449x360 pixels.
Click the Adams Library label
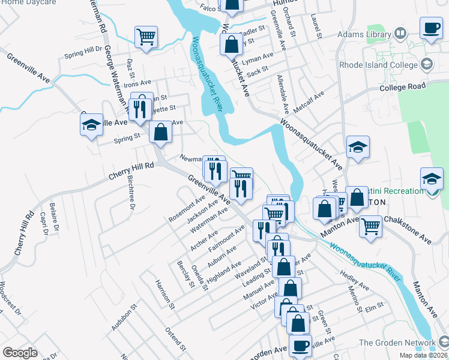364,35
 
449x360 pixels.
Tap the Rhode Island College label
378,65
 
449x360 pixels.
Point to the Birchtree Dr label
130,193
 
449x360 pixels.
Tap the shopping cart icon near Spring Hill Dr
146,37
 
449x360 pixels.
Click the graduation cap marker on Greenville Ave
91,125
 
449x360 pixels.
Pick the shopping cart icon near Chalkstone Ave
371,226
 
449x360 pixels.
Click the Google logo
20,353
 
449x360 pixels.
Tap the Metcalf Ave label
310,100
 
